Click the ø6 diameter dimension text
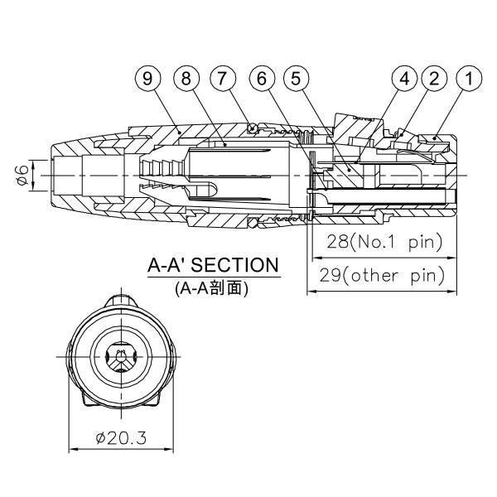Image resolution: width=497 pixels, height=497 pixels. pyautogui.click(x=22, y=176)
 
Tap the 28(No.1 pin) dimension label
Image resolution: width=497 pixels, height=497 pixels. pyautogui.click(x=382, y=242)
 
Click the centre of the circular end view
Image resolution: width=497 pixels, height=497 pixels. pyautogui.click(x=121, y=357)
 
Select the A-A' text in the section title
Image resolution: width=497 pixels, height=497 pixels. pyautogui.click(x=169, y=266)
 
